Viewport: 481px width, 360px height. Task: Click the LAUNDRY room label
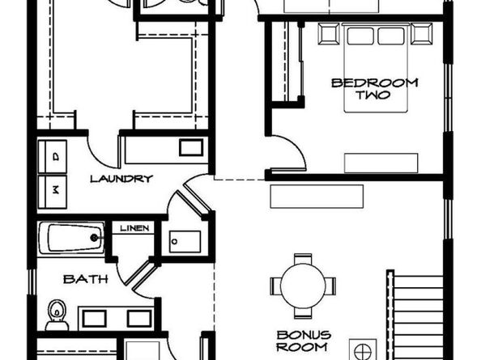coord(121,179)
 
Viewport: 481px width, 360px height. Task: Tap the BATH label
coord(86,279)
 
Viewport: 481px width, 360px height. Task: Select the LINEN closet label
coord(134,228)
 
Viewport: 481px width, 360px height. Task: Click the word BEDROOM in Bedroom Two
coord(375,83)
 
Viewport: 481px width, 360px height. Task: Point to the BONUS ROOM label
coord(304,341)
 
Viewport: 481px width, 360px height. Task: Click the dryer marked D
coord(53,157)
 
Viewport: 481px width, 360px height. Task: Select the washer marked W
coord(53,192)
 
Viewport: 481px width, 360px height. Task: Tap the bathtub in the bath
coord(71,238)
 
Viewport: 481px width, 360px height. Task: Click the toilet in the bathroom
coord(57,315)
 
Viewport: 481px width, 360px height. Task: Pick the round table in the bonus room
coord(303,286)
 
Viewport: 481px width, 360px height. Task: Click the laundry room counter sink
coord(191,148)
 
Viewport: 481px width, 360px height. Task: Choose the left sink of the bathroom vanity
coord(95,319)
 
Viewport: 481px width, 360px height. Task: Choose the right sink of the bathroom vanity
coord(139,319)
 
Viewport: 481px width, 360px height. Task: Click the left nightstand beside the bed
coord(329,34)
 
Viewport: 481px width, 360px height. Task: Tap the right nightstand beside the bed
coord(422,34)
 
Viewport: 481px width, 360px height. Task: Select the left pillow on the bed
coord(360,36)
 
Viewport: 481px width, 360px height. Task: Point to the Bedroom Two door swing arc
coord(297,144)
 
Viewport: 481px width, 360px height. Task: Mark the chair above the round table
coord(303,258)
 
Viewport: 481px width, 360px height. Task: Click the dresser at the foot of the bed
coord(381,163)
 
